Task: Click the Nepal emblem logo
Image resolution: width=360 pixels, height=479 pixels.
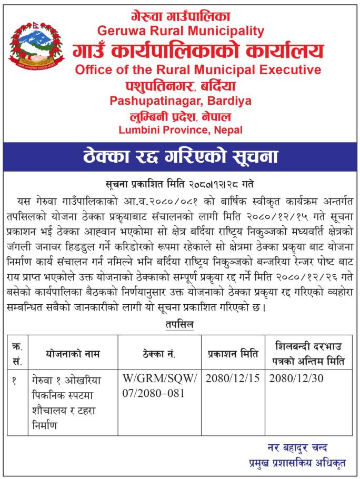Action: pyautogui.click(x=36, y=46)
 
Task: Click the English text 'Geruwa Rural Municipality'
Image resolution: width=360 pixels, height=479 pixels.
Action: pyautogui.click(x=181, y=31)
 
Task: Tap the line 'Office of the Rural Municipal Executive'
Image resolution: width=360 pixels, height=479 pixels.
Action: pyautogui.click(x=197, y=69)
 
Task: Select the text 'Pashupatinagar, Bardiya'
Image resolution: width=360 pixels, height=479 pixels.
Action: pyautogui.click(x=181, y=100)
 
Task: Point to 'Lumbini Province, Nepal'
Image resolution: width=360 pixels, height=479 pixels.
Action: pyautogui.click(x=181, y=129)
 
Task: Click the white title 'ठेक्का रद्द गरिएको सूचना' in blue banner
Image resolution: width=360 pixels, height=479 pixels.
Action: pyautogui.click(x=181, y=156)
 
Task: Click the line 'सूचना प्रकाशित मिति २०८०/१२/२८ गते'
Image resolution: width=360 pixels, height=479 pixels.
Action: pyautogui.click(x=181, y=184)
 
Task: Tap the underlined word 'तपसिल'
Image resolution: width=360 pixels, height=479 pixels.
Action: pyautogui.click(x=179, y=325)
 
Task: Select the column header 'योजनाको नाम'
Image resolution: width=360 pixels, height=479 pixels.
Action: pyautogui.click(x=73, y=353)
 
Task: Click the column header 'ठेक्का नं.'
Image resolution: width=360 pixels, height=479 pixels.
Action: pyautogui.click(x=159, y=353)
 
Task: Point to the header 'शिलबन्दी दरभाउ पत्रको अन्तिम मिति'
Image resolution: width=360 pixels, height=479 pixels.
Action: pyautogui.click(x=308, y=353)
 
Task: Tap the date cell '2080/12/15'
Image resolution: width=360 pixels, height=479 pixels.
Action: pyautogui.click(x=232, y=378)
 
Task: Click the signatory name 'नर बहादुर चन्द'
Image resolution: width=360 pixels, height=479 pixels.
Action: pyautogui.click(x=297, y=448)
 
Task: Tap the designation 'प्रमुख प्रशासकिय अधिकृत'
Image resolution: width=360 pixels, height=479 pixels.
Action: pyautogui.click(x=297, y=464)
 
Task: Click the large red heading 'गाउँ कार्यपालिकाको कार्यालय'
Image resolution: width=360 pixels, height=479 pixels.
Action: pyautogui.click(x=197, y=51)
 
